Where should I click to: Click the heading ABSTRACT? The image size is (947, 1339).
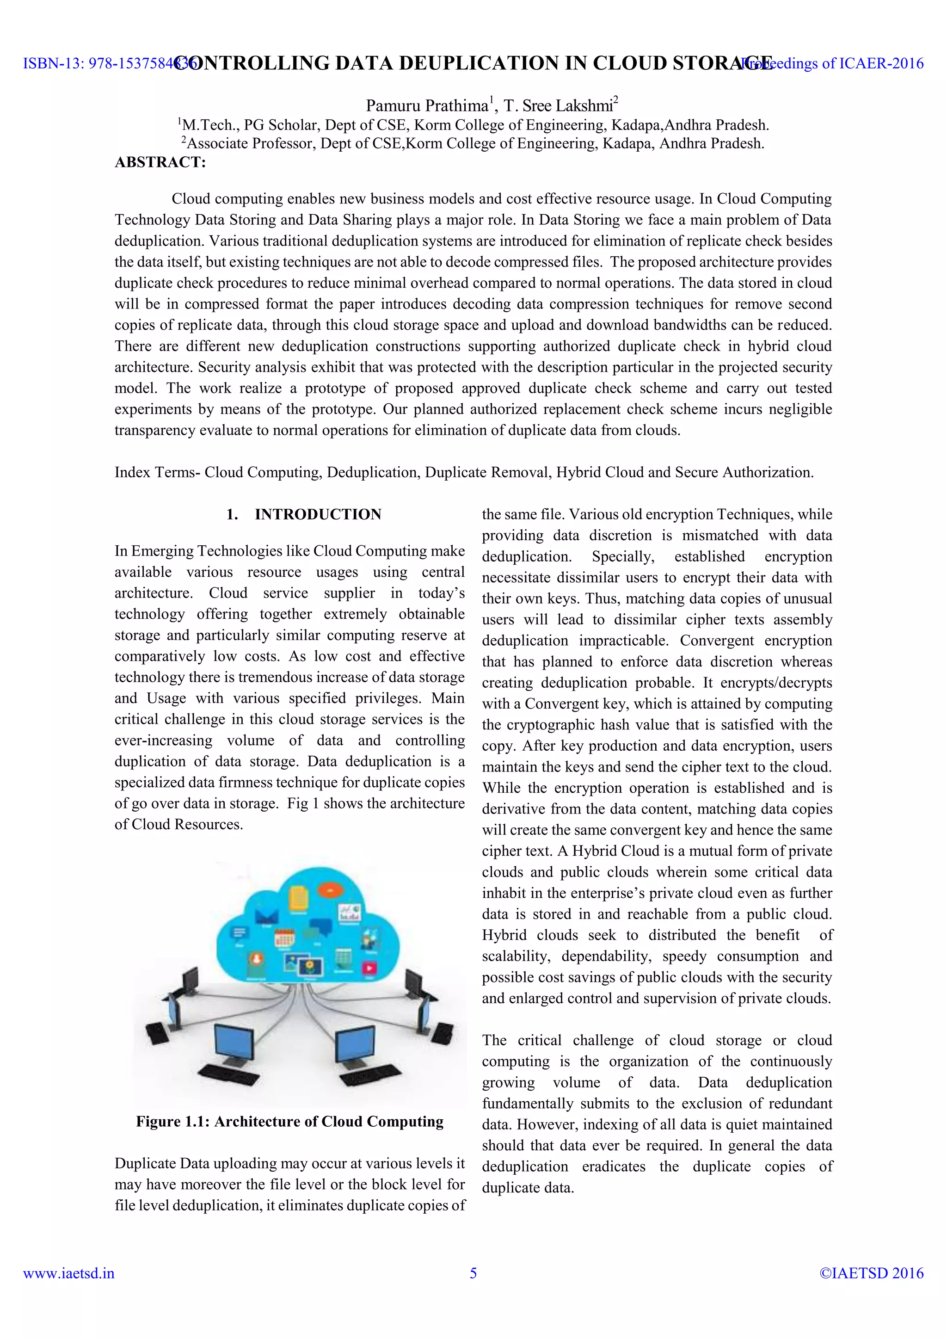[x=160, y=162]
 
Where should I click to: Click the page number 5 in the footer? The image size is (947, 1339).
[x=473, y=1273]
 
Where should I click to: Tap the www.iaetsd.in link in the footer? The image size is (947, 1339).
[x=69, y=1273]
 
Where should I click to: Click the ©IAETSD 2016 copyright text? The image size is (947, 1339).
[x=871, y=1273]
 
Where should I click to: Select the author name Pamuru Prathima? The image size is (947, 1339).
[x=426, y=105]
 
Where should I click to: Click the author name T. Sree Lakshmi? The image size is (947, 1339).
[x=558, y=105]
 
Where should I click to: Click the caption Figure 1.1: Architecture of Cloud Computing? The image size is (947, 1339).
[x=290, y=1122]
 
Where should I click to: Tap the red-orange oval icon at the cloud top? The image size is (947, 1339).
[x=330, y=890]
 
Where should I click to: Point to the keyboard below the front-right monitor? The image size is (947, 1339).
[x=370, y=1074]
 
